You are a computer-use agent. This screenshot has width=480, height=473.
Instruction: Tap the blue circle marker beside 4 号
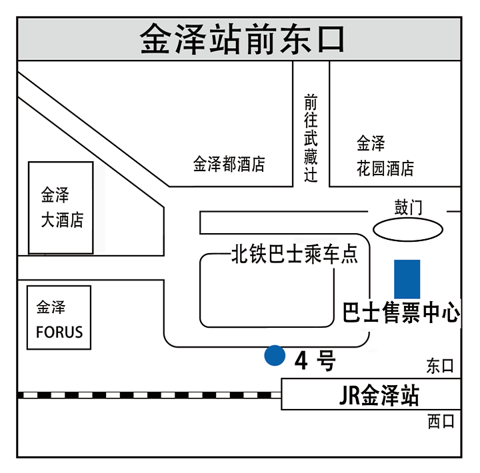click(x=273, y=356)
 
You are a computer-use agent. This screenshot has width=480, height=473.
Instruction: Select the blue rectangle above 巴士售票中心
click(x=407, y=279)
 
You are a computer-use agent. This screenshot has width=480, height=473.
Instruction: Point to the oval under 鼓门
click(x=407, y=231)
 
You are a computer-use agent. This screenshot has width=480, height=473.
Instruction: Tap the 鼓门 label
click(x=408, y=208)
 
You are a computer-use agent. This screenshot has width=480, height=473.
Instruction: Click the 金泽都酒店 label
click(x=229, y=164)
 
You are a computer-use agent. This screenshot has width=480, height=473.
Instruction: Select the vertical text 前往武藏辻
click(x=311, y=138)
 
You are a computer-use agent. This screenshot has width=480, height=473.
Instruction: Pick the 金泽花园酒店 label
click(x=385, y=155)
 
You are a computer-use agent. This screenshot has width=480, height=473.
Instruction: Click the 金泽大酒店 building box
click(x=60, y=207)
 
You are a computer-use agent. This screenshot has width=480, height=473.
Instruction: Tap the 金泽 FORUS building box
click(x=59, y=318)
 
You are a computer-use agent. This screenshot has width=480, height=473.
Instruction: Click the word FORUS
click(x=59, y=331)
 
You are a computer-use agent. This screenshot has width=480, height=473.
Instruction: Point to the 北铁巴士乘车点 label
click(x=294, y=254)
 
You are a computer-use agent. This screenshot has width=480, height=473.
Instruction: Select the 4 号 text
click(x=314, y=361)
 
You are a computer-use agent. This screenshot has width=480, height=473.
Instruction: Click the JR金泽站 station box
click(x=371, y=394)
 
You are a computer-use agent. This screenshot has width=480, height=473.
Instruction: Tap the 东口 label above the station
click(x=440, y=366)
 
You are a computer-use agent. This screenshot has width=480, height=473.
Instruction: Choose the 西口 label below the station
click(x=440, y=421)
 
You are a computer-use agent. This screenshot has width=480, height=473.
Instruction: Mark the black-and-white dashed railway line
click(x=147, y=395)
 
